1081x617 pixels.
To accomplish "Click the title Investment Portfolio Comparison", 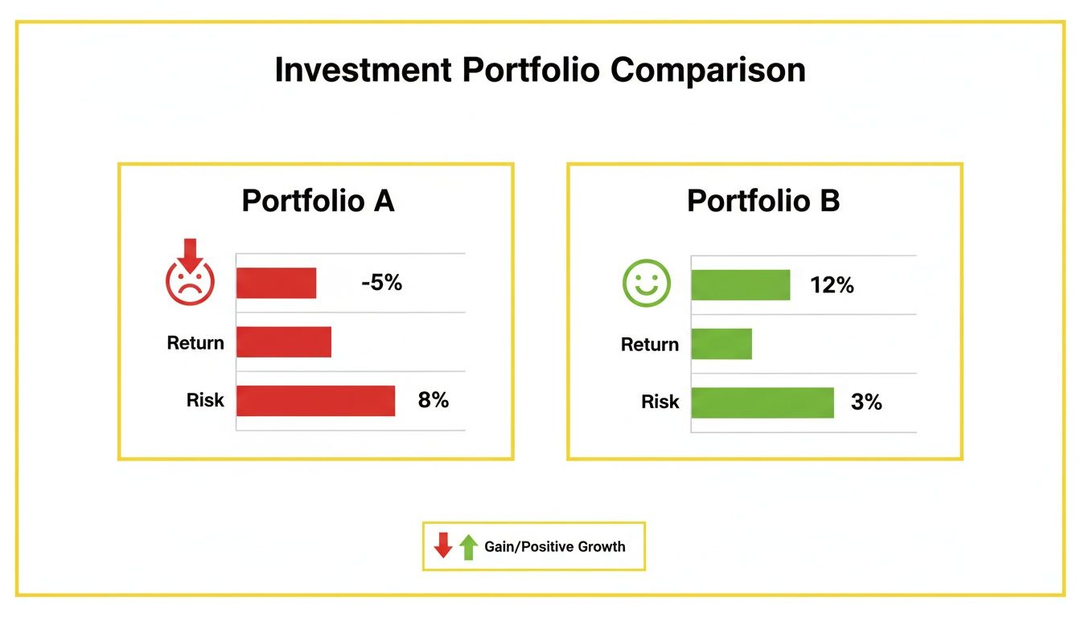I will click(540, 71).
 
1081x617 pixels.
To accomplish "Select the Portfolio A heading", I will click(318, 201).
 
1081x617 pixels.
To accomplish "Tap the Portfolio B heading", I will click(763, 201).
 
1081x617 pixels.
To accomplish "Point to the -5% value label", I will click(381, 283).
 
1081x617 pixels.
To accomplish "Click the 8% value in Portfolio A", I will click(433, 400).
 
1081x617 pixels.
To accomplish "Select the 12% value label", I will click(832, 284).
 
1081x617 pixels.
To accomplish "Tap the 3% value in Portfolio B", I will click(866, 402).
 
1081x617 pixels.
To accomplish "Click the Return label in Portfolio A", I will click(195, 343).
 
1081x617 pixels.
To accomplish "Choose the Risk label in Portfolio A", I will click(205, 400).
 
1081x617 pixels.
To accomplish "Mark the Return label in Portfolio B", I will click(650, 345).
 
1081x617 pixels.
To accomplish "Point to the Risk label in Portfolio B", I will click(660, 402).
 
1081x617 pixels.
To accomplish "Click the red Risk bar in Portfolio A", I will click(315, 401).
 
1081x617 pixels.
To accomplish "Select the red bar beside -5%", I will click(276, 283).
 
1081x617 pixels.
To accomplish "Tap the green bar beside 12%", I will click(740, 284).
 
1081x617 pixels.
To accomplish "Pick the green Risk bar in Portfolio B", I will click(762, 402).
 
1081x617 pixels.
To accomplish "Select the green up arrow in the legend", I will click(468, 546).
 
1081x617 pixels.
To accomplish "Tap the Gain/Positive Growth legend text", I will click(554, 546).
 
